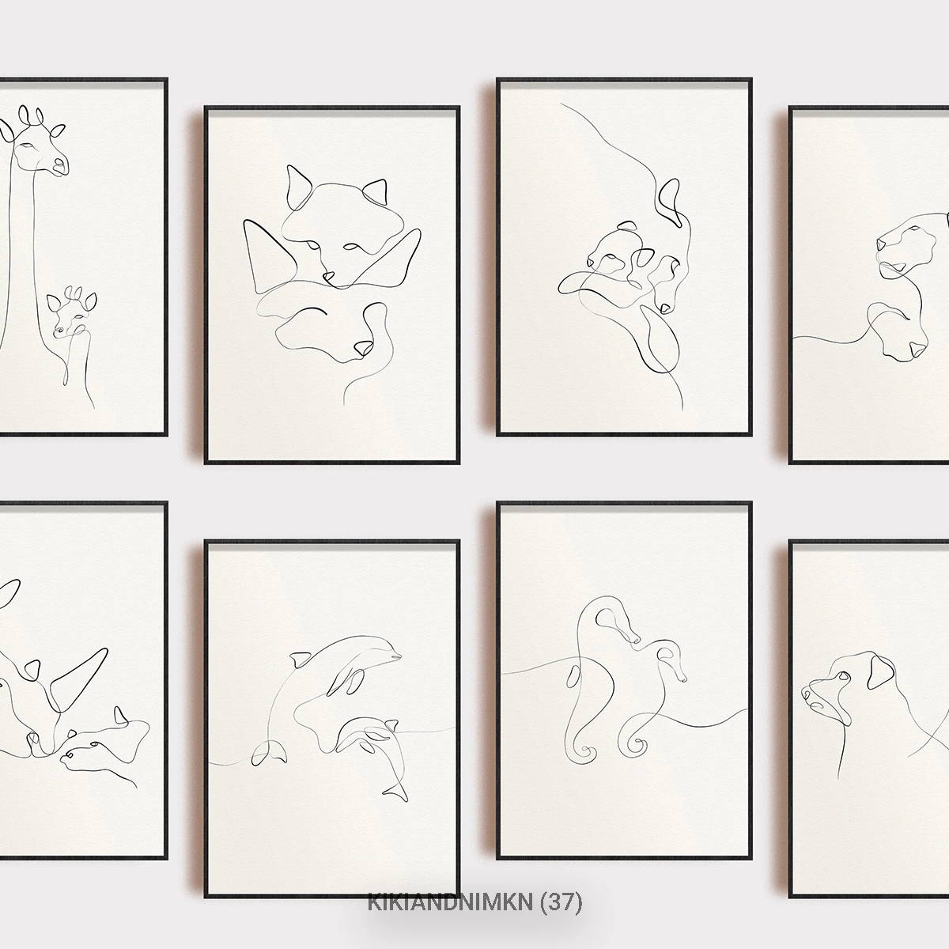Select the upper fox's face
tap(335, 232)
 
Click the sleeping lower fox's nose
tap(363, 348)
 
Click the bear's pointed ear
tap(669, 201)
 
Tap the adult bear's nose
tap(665, 308)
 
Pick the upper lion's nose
tap(882, 244)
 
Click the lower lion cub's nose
tap(918, 350)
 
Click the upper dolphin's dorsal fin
tap(300, 660)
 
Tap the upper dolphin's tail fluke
tap(269, 758)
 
